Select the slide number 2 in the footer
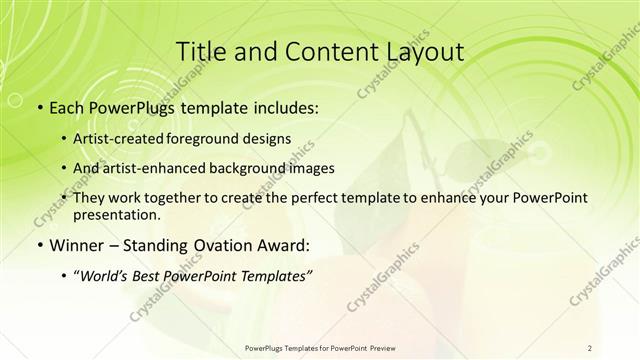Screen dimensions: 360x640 point(590,347)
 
